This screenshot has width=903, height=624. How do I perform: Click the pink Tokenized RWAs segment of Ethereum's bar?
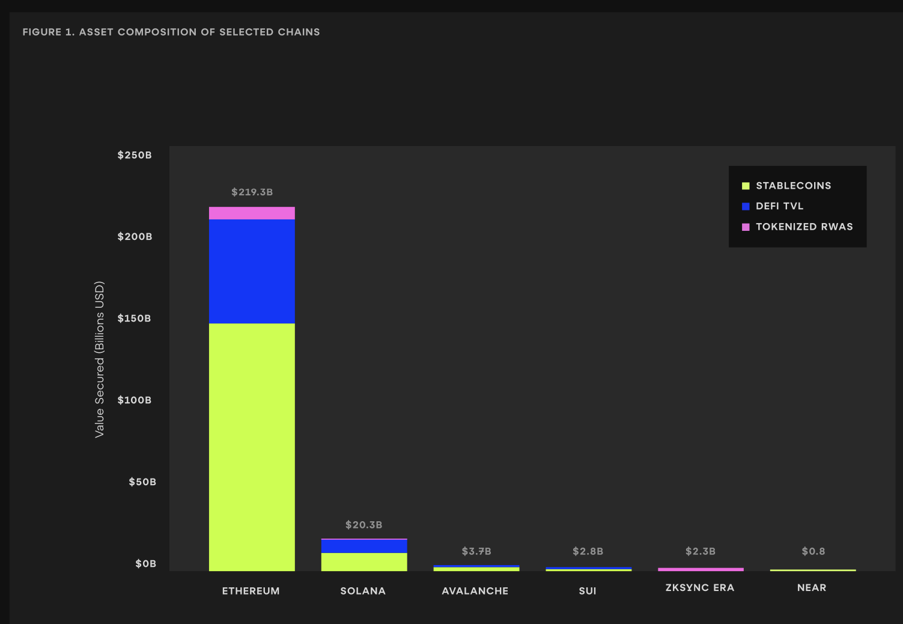(252, 213)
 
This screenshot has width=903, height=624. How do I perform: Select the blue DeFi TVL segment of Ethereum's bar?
(252, 271)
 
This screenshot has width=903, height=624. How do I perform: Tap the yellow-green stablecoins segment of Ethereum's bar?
(252, 447)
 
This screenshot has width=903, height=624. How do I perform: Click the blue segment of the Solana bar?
(364, 546)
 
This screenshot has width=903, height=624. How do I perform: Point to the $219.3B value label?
(252, 192)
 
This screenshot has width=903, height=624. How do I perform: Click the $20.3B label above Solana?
(364, 525)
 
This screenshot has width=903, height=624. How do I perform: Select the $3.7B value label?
(476, 551)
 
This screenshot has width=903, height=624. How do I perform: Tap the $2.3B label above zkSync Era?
(701, 551)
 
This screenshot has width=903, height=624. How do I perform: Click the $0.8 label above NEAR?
(813, 551)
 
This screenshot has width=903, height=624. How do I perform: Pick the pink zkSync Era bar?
(701, 569)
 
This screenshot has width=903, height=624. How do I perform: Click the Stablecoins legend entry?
(793, 186)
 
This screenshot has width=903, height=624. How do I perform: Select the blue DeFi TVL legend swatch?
(746, 206)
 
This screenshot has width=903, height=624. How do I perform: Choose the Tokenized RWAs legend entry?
(804, 227)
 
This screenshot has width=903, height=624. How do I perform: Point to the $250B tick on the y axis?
(135, 155)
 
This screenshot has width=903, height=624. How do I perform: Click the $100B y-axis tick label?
(135, 400)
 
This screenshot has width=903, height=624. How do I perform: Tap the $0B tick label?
(145, 564)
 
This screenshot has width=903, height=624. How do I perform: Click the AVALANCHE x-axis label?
(475, 591)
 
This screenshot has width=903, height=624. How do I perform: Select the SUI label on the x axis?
(588, 591)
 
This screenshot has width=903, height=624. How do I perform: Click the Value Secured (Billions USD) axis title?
(100, 359)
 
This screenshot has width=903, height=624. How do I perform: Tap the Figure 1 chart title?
(171, 32)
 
